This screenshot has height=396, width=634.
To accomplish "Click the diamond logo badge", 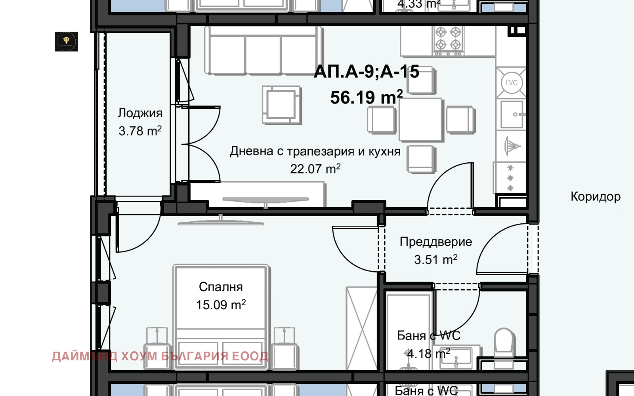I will tap(66, 42).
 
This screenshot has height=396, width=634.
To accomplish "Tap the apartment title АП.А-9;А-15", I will tap(366, 72).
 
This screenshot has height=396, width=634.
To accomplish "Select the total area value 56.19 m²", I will tap(366, 97).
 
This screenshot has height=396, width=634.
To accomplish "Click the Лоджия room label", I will tap(140, 113).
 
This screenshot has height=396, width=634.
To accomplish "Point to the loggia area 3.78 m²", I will tap(140, 131).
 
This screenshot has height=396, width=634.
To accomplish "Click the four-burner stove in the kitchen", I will tap(448, 40).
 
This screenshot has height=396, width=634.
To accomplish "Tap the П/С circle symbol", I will tap(512, 83).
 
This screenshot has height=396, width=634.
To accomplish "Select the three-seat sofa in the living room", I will tap(264, 51).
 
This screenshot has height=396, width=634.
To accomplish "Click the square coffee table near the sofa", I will tap(281, 105).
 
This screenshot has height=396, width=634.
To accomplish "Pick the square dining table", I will tap(420, 120).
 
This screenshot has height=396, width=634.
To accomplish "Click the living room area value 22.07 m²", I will tap(315, 169).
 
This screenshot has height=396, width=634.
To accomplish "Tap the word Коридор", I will tap(595, 196).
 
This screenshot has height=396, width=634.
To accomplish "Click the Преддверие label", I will tap(435, 242).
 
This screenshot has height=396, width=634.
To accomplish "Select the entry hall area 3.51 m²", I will tap(435, 260).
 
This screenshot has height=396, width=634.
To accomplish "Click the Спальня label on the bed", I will tap(221, 287).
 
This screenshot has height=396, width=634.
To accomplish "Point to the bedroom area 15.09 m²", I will tap(221, 305).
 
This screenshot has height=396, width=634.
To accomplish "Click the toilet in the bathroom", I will tap(504, 341).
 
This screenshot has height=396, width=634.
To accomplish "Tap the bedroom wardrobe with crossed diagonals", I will tap(361, 329).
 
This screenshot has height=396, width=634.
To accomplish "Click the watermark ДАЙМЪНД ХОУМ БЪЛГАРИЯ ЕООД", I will tap(160, 356).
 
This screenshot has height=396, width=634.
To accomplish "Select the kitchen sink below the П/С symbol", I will tap(512, 114).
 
